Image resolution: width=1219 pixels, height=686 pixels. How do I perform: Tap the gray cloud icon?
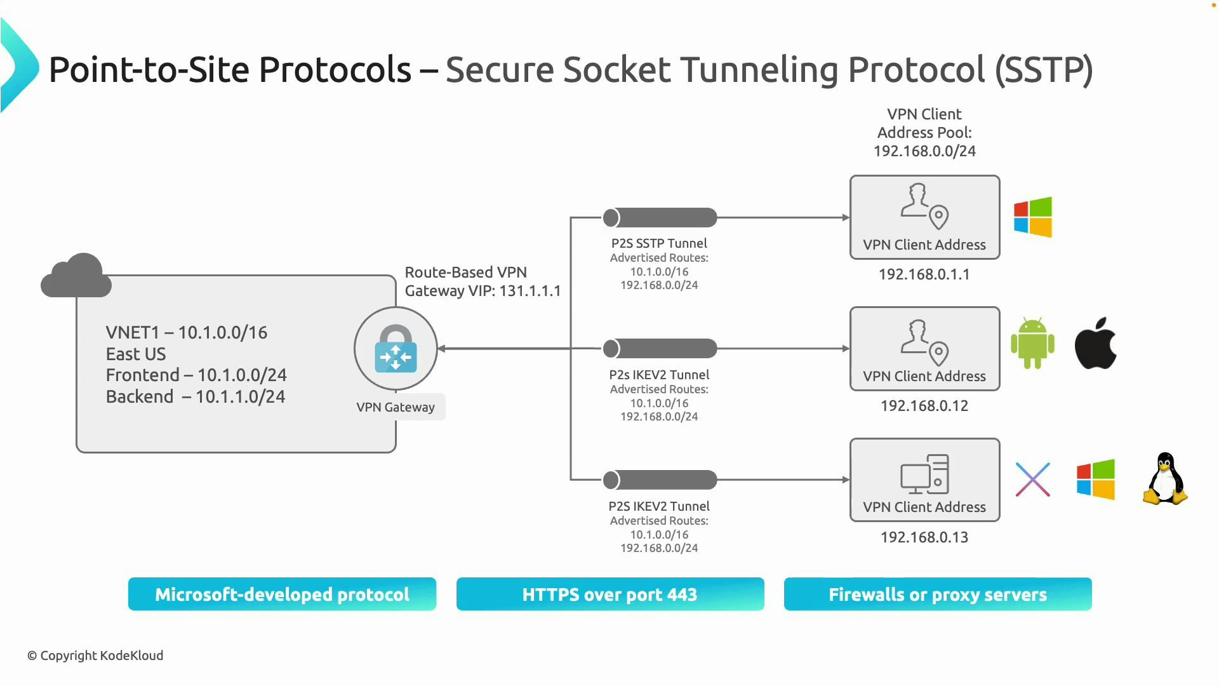(76, 276)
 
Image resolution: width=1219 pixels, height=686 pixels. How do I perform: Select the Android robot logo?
(1032, 344)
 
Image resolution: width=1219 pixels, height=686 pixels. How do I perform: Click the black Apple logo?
(1095, 344)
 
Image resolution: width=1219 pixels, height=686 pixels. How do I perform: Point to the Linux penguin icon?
(1165, 479)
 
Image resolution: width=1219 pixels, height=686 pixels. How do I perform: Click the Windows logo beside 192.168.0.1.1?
(1033, 217)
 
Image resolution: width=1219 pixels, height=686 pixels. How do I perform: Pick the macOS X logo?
(1033, 480)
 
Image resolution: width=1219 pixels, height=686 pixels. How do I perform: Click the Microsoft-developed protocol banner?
(282, 595)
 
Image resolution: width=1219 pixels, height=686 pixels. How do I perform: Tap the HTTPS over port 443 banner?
(609, 595)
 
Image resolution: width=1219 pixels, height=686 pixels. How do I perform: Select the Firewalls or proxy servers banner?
(938, 595)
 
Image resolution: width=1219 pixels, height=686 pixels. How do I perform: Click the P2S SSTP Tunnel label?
(659, 243)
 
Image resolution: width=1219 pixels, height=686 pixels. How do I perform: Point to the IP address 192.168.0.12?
(924, 406)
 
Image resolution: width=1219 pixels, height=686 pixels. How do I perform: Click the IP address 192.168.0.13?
(924, 537)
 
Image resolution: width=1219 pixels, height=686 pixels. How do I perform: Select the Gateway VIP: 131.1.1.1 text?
(483, 291)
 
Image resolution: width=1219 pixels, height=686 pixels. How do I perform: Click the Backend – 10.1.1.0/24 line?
(196, 397)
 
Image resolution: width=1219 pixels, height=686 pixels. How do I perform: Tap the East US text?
(136, 354)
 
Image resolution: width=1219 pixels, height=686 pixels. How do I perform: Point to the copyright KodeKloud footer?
(95, 656)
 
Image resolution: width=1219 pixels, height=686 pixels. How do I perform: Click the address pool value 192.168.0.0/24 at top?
(924, 151)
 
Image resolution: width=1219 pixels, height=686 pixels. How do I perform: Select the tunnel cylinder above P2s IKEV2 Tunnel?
(660, 349)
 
